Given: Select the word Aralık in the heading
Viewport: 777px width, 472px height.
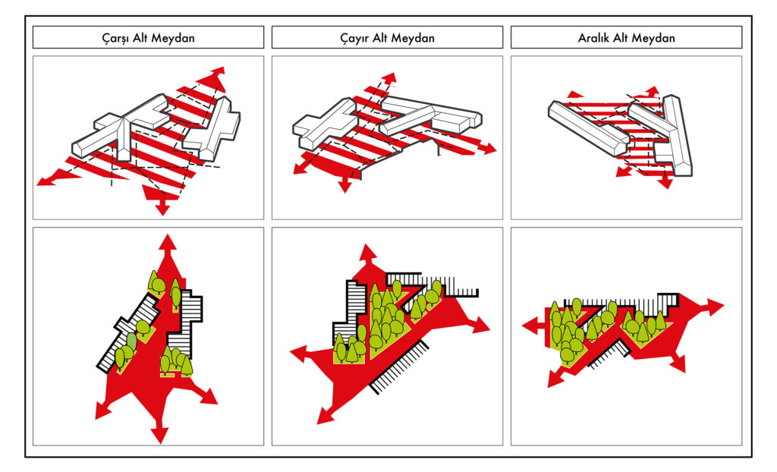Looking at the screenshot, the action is [x=593, y=38].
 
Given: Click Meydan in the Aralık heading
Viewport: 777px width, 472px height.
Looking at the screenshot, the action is [x=653, y=38].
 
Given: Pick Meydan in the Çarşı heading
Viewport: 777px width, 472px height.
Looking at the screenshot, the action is [x=173, y=38].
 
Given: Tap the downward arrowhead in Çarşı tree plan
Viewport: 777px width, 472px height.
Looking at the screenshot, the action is [x=160, y=435].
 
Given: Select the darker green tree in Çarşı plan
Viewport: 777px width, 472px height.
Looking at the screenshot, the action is [x=132, y=341].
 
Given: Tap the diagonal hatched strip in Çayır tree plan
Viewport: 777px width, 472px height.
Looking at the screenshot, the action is [x=399, y=367].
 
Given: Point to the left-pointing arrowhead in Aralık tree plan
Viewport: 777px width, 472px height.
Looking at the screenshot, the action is [x=530, y=326].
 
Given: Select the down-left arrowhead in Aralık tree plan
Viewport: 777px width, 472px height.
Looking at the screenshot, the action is [x=555, y=379].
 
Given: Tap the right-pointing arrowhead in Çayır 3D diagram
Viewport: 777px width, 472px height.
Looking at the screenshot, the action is [x=489, y=149].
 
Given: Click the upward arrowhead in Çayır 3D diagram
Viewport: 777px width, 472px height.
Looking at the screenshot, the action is [x=390, y=78].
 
